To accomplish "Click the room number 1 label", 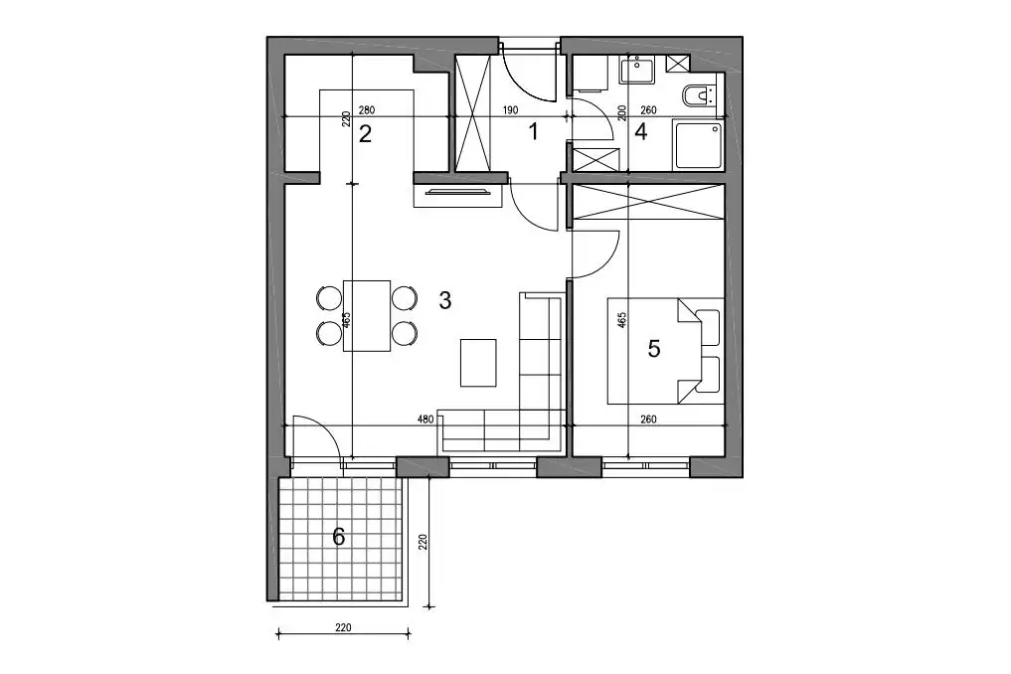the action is [533, 132].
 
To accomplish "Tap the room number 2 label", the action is [365, 134].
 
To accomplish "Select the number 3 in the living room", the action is [445, 300].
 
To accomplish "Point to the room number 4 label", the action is [640, 131].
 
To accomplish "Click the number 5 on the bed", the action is [654, 349].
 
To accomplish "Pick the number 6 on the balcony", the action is [339, 536].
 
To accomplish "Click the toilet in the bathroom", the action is [699, 96].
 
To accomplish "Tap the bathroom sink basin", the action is [637, 70].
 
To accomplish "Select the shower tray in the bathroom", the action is [698, 144].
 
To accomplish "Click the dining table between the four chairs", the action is [367, 315].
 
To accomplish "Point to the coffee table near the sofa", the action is [478, 363].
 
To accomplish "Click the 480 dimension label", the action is [425, 420].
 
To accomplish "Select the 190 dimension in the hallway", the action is [510, 110].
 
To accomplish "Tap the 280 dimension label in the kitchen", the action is [366, 110].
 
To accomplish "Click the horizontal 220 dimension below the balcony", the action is [343, 627].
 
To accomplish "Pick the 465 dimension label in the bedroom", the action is [621, 320].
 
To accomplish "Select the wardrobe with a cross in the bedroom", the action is [648, 202].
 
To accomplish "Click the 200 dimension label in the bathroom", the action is [621, 113].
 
